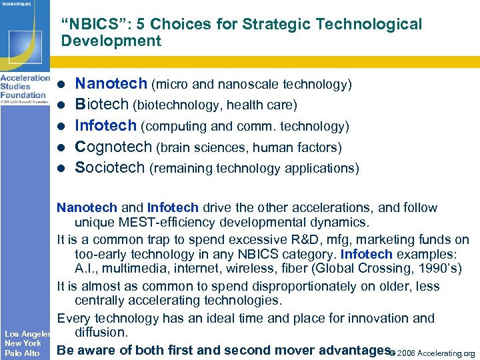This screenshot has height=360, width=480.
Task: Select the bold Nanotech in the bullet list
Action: [111, 84]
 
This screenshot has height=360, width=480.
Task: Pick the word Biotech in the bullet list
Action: [102, 105]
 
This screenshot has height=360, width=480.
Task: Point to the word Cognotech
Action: [113, 147]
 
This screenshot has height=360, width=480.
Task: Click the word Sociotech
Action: [110, 167]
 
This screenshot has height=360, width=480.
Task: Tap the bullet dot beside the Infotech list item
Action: [61, 127]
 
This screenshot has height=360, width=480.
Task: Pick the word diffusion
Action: [100, 332]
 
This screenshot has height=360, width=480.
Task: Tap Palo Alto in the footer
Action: [22, 353]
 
